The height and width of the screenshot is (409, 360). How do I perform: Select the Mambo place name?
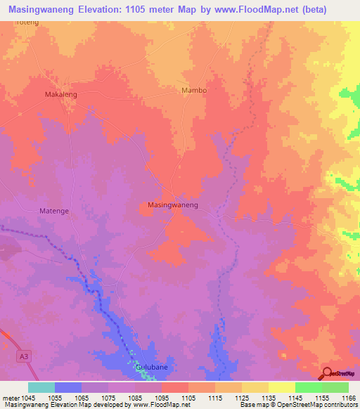tap(195, 91)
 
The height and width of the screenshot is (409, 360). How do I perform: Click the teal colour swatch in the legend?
tap(41, 387)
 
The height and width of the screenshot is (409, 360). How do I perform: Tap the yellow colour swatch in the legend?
tap(281, 387)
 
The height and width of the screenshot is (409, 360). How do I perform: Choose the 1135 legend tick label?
tap(268, 397)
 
